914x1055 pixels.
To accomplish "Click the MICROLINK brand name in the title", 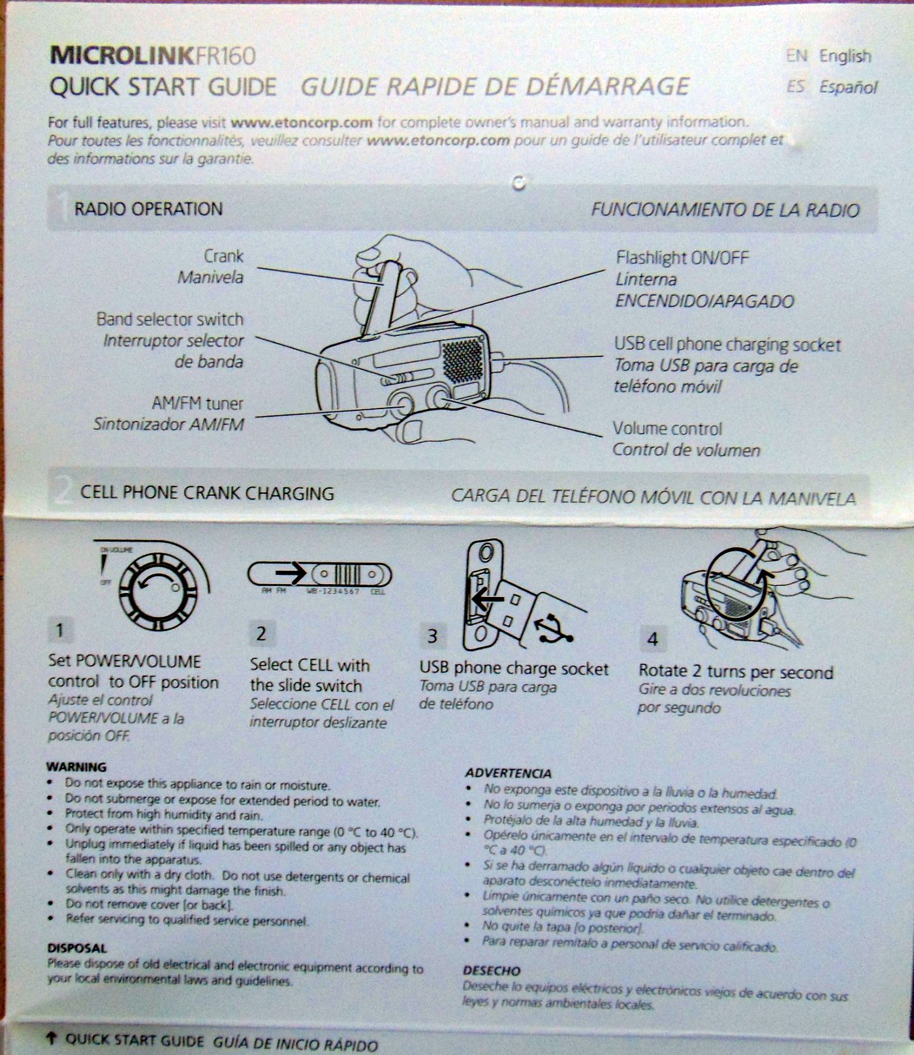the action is pos(121,56).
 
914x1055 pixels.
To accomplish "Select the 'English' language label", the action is pos(845,57).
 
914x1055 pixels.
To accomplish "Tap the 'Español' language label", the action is pos(848,87).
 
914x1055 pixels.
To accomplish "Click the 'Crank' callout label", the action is pos(223,256).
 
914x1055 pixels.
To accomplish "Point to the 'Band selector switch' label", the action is pos(170,319).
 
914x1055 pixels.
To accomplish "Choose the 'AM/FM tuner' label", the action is pos(197,403).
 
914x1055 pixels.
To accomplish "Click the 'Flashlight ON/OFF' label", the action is pos(682,258).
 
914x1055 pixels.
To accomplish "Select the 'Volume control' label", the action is pos(667,429).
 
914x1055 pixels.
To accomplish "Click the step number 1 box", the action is pos(60,630).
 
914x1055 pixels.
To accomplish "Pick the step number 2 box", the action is pos(262,633).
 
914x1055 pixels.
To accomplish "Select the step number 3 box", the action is pos(432,635).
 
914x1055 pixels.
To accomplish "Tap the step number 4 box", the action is pos(652,639).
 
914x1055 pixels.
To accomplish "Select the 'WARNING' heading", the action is pos(76,767).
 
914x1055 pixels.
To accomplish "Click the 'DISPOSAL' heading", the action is pos(76,948).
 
